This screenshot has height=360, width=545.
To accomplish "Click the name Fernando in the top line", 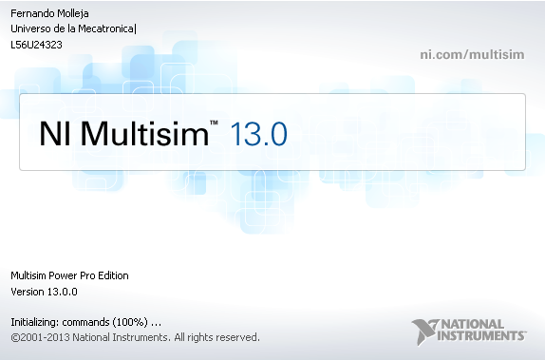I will [x=31, y=12].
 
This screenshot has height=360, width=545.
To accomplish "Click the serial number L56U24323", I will [x=36, y=44].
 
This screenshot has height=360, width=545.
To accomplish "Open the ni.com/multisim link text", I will [x=473, y=53].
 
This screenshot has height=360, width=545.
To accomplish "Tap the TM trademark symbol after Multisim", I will [x=215, y=123].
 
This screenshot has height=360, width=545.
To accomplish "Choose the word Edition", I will [x=111, y=275].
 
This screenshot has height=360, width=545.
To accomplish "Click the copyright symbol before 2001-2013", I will [x=15, y=336].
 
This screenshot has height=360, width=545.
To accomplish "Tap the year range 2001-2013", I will [x=47, y=336].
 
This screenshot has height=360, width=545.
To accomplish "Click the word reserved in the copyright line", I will [x=234, y=336].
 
